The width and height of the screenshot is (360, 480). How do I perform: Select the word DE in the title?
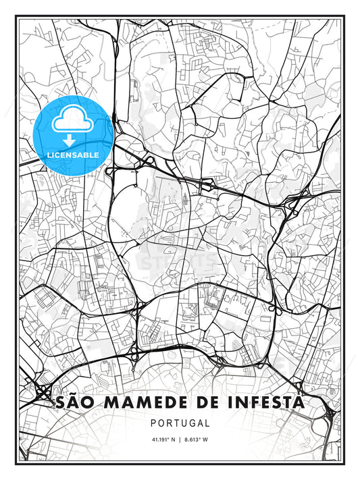[x=206, y=404]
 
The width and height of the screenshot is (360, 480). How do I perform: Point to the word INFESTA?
[x=266, y=404]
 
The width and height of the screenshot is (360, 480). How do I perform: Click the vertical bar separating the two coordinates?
[x=180, y=442]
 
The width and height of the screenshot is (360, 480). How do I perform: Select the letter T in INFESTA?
[x=284, y=404]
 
